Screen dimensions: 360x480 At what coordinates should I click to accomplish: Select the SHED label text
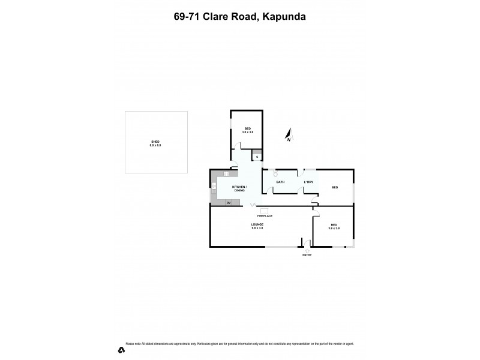click(155, 142)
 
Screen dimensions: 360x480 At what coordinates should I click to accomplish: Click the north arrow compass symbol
click(289, 135)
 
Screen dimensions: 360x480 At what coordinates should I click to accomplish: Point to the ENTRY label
click(307, 255)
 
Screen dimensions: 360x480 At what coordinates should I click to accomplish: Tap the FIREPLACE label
click(265, 215)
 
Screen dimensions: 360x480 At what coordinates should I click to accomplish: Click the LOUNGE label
click(257, 224)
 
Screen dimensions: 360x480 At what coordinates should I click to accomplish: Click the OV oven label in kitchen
click(229, 203)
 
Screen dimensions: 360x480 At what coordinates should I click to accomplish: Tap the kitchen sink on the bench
click(227, 173)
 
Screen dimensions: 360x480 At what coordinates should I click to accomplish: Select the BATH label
click(280, 182)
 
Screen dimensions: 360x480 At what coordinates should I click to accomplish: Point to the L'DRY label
click(308, 182)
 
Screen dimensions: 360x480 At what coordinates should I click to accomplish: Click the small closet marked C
click(257, 157)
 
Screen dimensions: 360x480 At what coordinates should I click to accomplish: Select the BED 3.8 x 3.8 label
click(334, 226)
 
